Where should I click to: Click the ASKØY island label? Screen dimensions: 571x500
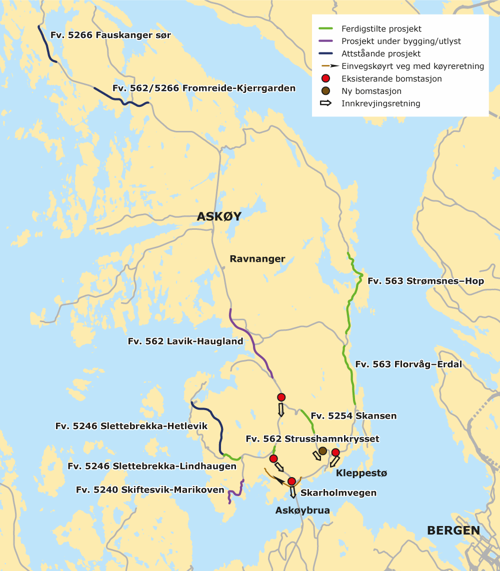(219, 216)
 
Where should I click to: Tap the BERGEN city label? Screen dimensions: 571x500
(453, 531)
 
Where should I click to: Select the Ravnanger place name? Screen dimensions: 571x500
(257, 259)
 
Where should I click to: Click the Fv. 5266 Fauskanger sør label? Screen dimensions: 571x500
(111, 35)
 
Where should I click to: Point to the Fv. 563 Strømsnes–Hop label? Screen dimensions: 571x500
(425, 281)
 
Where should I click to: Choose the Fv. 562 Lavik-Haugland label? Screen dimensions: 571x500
(185, 342)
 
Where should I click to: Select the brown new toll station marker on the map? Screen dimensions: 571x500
(323, 451)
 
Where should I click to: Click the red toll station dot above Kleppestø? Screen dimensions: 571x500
(335, 453)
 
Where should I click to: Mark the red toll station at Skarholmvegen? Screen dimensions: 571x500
(292, 481)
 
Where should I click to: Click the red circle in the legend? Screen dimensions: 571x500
(325, 78)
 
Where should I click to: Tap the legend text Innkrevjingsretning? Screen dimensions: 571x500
(380, 104)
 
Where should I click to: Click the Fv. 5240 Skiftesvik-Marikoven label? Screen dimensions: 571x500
(150, 490)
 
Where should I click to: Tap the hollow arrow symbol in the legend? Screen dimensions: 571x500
(325, 103)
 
